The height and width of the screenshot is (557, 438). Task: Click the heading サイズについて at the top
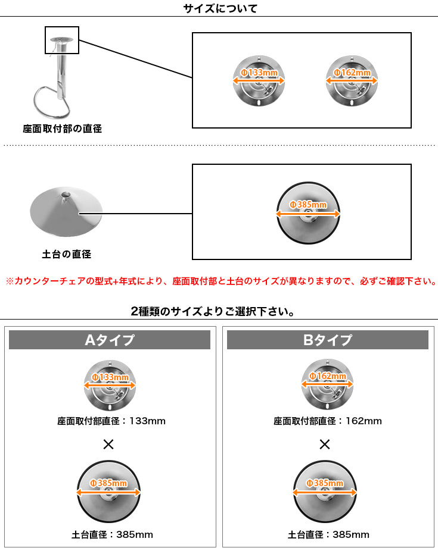(220, 8)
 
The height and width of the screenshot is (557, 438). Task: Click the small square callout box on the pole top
(62, 40)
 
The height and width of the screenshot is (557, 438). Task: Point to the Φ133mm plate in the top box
(258, 82)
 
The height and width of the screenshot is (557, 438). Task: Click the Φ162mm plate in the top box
(352, 82)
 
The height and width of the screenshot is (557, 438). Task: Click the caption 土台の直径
(67, 254)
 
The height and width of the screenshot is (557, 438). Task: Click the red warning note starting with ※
(219, 281)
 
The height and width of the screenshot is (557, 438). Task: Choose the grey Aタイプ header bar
(110, 340)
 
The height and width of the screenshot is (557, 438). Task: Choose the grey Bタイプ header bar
(328, 340)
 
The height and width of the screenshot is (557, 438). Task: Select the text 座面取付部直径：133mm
(111, 421)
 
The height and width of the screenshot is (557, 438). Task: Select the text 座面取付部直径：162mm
(328, 421)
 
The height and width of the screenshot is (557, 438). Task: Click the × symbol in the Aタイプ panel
(108, 444)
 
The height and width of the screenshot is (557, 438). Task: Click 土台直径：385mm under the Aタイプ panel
(112, 534)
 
